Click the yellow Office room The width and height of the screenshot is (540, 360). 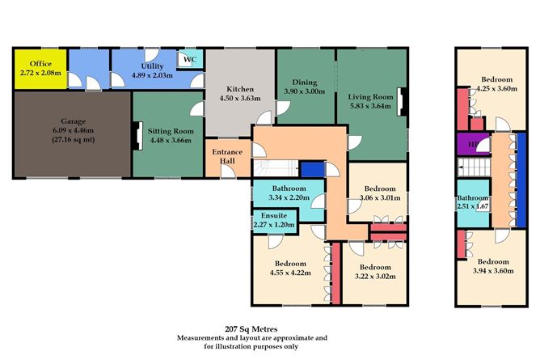click(40, 69)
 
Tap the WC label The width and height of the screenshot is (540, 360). click(190, 59)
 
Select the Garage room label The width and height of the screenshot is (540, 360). click(73, 121)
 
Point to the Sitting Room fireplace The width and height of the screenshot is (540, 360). click(137, 136)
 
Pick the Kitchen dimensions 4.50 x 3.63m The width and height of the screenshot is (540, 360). click(240, 98)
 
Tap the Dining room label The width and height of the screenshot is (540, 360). click(305, 83)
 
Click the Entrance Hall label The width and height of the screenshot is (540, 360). click(227, 156)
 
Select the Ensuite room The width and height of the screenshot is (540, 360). click(275, 221)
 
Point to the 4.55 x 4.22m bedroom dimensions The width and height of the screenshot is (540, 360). click(290, 273)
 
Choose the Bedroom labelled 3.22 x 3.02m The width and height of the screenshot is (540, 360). click(375, 272)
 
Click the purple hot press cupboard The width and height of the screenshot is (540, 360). click(473, 144)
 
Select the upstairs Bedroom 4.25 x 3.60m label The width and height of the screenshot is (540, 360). click(496, 83)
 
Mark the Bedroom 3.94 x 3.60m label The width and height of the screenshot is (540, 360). click(493, 266)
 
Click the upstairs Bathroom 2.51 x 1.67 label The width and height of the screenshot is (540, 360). click(473, 202)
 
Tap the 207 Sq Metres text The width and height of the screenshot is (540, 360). click(251, 329)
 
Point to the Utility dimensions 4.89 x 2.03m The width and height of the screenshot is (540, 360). click(152, 75)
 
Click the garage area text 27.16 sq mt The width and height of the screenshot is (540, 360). click(74, 140)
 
